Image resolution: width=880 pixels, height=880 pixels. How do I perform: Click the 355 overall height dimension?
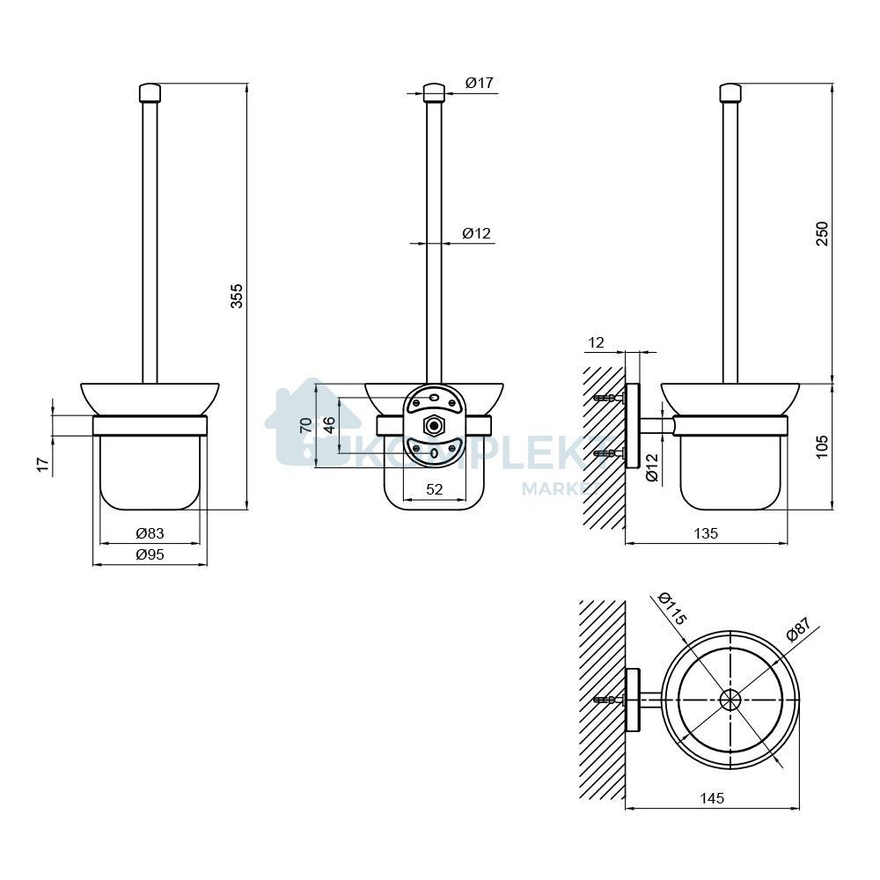238,295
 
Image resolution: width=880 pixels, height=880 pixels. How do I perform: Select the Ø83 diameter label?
150,532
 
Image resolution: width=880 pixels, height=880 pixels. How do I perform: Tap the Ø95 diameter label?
150,554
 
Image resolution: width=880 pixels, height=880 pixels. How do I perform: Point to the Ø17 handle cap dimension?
479,83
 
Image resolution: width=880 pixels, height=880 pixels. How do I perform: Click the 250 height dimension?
822,233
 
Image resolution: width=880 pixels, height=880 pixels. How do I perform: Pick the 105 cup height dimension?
822,447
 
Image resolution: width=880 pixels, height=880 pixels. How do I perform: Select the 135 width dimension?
706,533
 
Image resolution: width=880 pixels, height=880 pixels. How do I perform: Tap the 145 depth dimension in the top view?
712,797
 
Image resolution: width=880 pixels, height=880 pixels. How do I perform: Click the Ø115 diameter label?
671,609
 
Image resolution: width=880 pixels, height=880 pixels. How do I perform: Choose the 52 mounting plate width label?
435,489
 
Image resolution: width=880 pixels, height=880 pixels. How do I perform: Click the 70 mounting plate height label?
306,425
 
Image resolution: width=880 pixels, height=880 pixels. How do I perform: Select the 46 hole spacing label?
329,425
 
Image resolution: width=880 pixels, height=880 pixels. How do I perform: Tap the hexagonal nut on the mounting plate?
433,425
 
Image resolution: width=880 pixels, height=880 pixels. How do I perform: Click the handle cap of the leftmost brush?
150,92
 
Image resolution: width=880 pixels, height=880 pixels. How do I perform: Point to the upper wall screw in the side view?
609,398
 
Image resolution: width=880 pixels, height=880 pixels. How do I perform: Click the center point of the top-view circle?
730,700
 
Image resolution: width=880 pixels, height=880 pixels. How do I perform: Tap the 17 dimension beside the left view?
44,464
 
